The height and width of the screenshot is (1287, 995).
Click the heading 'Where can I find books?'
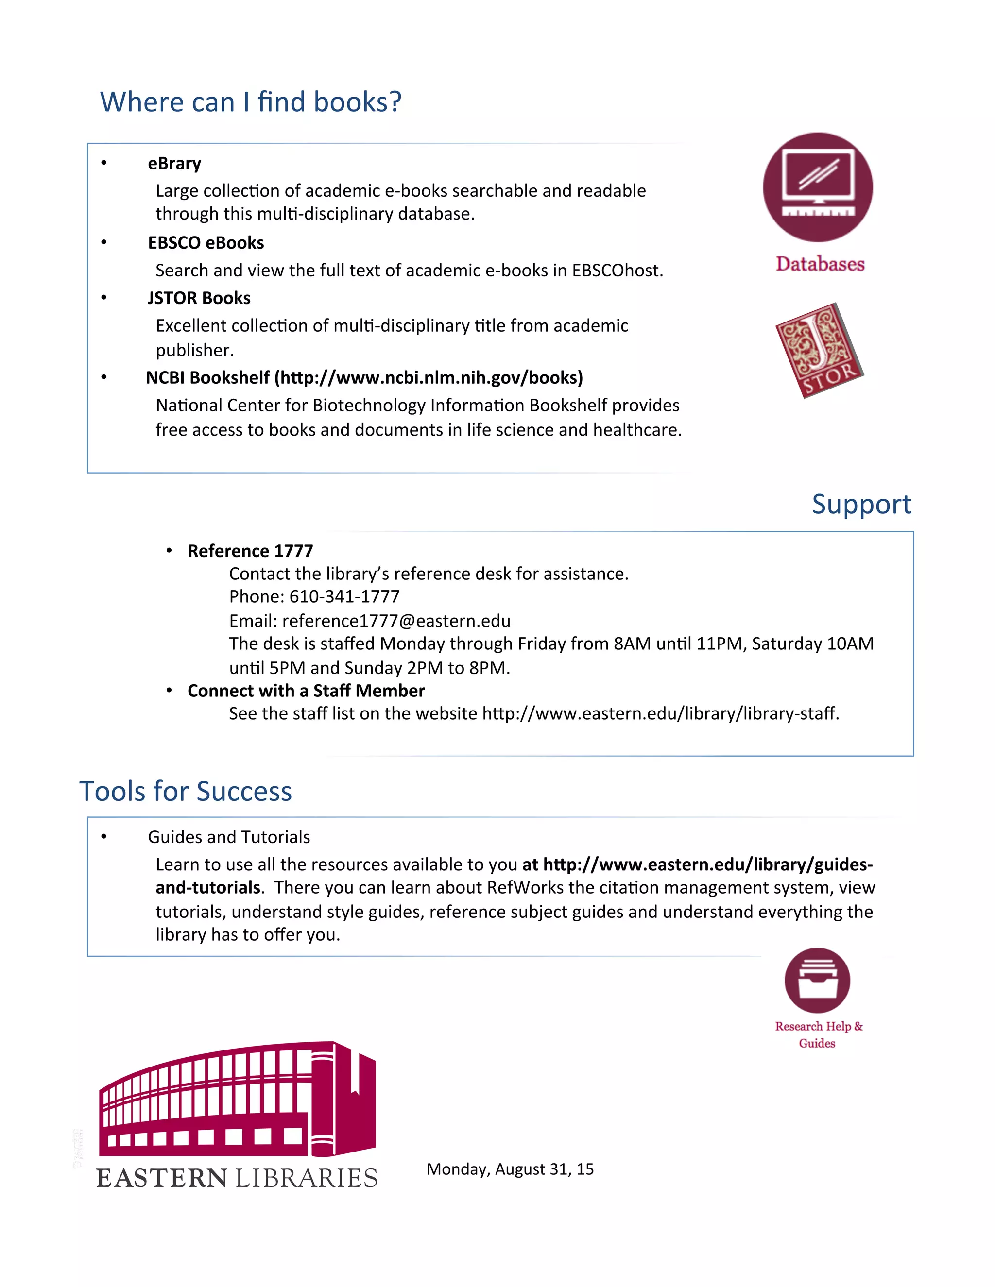(x=251, y=102)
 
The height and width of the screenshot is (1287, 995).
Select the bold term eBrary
(x=174, y=163)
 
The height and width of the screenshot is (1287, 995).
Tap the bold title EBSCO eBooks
(x=206, y=243)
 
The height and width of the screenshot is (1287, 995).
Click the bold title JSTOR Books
(x=199, y=298)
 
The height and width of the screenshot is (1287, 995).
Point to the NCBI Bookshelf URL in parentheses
(x=429, y=378)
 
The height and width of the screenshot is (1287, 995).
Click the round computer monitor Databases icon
(x=818, y=187)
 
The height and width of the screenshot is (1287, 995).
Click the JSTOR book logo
(x=819, y=350)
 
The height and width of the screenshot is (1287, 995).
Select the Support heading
(x=861, y=505)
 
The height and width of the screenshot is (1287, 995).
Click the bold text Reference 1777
(x=250, y=551)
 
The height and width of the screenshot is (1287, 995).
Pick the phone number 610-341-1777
(x=344, y=597)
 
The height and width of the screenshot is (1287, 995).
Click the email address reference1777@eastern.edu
(x=396, y=621)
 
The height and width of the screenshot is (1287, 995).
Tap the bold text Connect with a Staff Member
(x=306, y=691)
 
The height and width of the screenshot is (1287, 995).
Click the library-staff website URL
(x=660, y=713)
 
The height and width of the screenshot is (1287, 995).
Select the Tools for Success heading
(x=186, y=792)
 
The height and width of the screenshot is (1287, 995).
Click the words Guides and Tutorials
(x=229, y=837)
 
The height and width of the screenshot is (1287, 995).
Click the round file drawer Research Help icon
(x=817, y=981)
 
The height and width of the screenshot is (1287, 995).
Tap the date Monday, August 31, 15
(x=510, y=1169)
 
